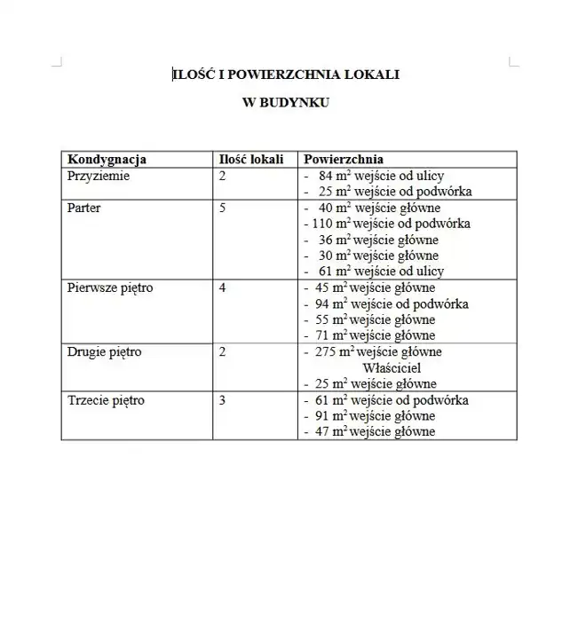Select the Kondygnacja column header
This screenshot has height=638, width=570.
click(107, 160)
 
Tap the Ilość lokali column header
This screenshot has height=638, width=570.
click(251, 160)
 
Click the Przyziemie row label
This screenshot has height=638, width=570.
click(99, 176)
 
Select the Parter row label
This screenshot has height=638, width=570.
click(84, 208)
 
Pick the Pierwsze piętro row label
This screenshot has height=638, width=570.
click(110, 288)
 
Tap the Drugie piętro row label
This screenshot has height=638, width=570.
click(105, 352)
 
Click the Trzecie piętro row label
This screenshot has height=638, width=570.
click(106, 400)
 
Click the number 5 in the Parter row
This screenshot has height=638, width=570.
click(222, 208)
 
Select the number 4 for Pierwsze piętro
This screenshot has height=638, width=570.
click(222, 288)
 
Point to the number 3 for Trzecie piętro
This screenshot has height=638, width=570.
click(222, 400)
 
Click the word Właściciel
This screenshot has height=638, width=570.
click(392, 368)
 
